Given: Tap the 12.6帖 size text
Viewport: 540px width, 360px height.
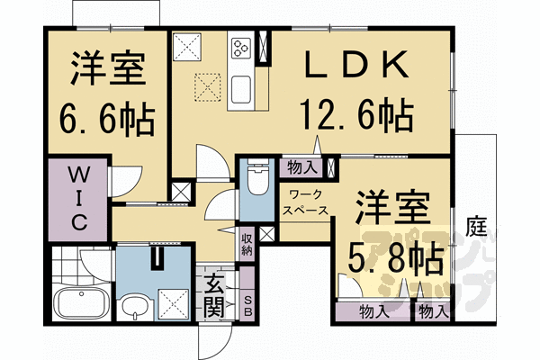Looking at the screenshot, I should pyautogui.click(x=356, y=115).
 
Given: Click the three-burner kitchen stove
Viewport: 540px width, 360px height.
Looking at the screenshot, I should pyautogui.click(x=242, y=46).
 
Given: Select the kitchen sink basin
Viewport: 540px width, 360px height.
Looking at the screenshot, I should pyautogui.click(x=243, y=89).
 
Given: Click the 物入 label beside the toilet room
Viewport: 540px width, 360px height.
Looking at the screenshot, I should pyautogui.click(x=301, y=166).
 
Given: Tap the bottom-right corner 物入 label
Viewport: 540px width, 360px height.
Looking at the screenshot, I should pyautogui.click(x=433, y=312).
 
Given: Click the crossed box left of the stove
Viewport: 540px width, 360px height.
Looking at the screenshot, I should pyautogui.click(x=190, y=46).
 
